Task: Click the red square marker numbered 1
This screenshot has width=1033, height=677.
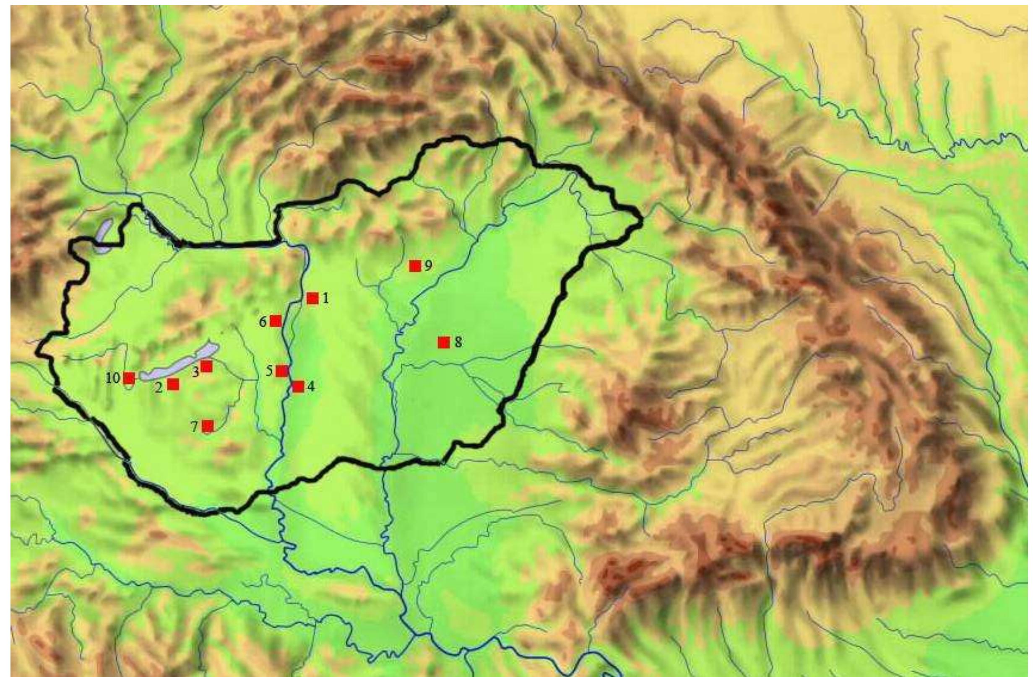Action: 312,298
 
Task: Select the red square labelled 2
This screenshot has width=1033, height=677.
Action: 173,384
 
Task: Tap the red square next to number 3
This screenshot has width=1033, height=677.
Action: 206,366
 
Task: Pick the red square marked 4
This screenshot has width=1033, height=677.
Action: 298,386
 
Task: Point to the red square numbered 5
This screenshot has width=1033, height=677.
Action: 282,371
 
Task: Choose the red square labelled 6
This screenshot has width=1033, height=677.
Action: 276,321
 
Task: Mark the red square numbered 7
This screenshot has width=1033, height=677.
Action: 208,426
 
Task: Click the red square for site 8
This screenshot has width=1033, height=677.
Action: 444,342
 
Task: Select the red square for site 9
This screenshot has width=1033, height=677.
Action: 415,266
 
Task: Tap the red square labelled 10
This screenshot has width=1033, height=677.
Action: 129,378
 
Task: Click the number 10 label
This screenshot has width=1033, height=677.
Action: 113,378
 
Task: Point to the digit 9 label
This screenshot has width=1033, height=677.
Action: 428,266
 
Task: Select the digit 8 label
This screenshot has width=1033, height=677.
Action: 458,342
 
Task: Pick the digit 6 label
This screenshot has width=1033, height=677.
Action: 263,322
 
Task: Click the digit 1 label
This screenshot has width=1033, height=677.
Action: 325,298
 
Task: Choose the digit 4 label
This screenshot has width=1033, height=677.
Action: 310,387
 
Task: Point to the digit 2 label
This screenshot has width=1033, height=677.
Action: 159,387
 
